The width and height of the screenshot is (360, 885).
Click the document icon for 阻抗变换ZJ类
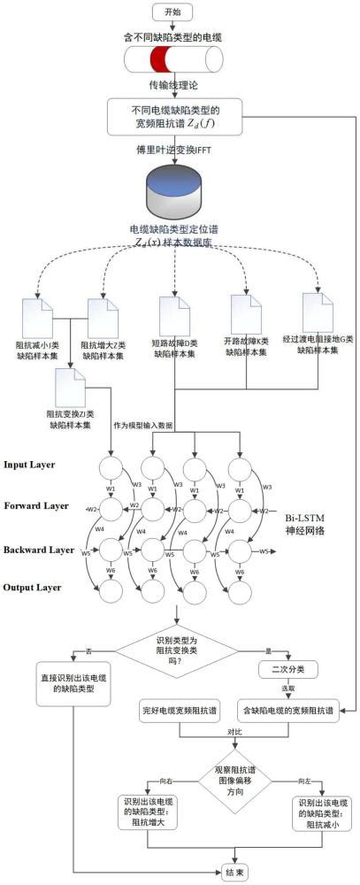69,386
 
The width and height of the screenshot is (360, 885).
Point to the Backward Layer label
38,550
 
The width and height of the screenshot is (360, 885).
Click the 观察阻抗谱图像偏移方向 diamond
234,769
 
